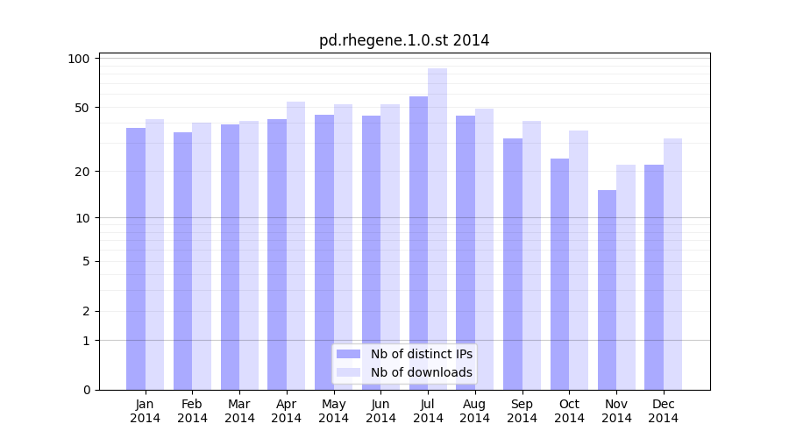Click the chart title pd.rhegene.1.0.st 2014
404,40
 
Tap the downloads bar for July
437,229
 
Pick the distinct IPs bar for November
607,290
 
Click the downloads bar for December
672,264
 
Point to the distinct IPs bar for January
136,258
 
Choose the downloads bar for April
295,245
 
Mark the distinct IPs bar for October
559,274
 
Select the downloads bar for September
531,255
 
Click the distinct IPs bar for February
182,261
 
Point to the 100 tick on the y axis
79,59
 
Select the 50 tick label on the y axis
82,108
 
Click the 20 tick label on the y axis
82,172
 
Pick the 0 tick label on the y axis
86,390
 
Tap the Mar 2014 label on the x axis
239,411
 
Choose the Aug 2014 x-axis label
475,411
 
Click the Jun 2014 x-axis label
380,411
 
